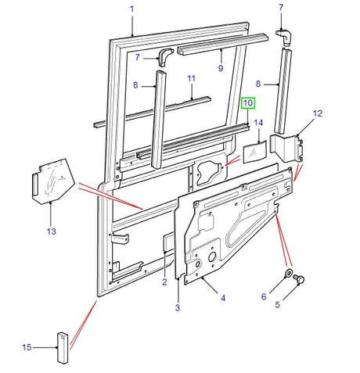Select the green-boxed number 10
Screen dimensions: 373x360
coord(247,103)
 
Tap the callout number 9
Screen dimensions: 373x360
coord(220,69)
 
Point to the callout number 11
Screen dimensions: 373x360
coord(190,79)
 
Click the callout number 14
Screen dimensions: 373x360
coord(257,124)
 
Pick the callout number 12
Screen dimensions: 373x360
coord(317,114)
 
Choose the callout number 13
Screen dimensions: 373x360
coord(51,231)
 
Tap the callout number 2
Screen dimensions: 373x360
coord(165,282)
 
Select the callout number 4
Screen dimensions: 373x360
coord(223,297)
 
